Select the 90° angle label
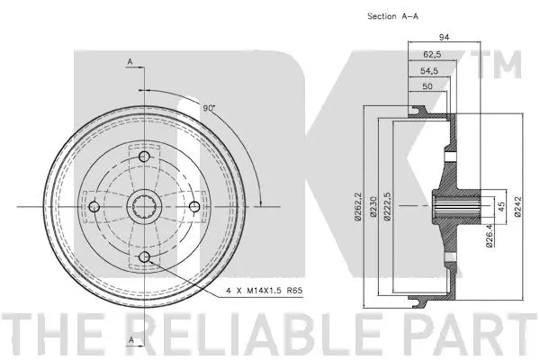[209, 108]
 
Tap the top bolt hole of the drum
[145, 160]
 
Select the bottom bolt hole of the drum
[145, 257]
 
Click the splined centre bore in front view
[145, 208]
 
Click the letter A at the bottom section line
[130, 339]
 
